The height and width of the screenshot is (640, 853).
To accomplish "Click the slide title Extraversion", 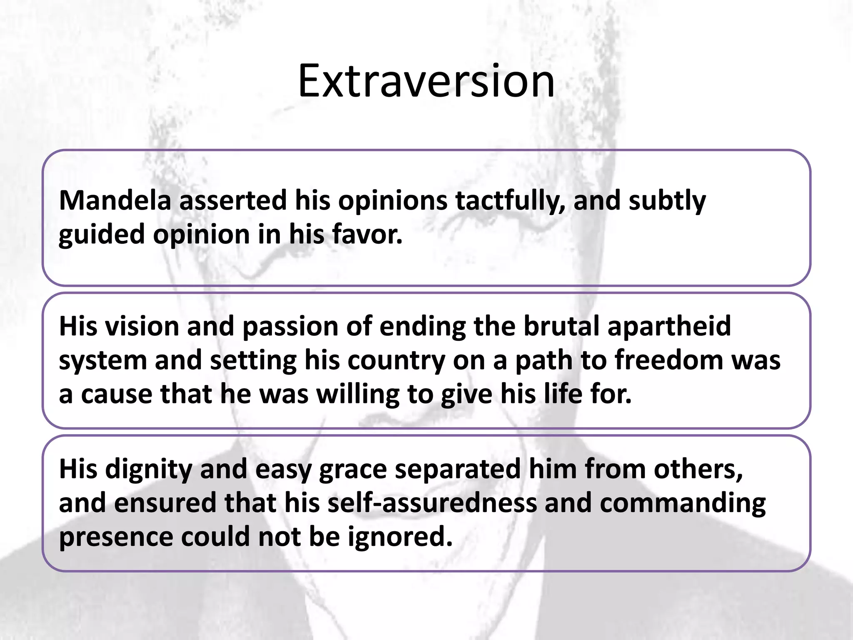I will (426, 81).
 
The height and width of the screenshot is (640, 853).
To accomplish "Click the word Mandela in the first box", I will (115, 200).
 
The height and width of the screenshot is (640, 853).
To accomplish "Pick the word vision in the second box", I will (142, 326).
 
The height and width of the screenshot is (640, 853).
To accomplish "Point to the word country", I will (396, 361).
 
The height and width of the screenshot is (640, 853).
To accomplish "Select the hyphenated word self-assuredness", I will (432, 503).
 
